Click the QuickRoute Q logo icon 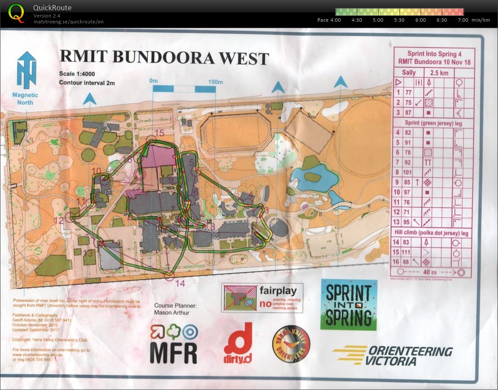click(16, 13)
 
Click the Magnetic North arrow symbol click(26, 70)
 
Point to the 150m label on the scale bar click(215, 81)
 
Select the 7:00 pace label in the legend click(463, 20)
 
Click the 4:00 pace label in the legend click(335, 20)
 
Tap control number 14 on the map click(180, 283)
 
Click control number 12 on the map click(59, 220)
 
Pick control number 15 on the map click(159, 133)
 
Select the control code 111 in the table click(408, 253)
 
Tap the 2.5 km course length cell click(439, 73)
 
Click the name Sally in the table click(409, 73)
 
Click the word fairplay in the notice click(278, 291)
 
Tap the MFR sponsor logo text click(174, 352)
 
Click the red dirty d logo click(238, 343)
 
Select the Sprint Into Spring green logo click(348, 305)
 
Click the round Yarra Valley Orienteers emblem click(291, 344)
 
